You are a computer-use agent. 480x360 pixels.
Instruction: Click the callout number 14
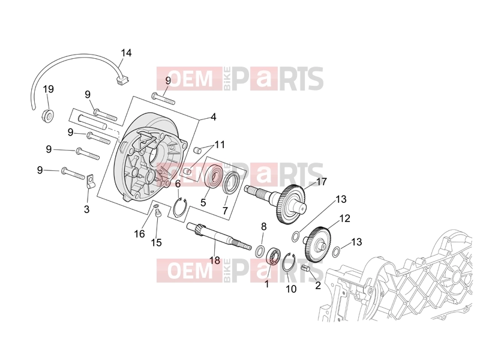(126, 53)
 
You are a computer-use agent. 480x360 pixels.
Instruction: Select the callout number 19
(49, 89)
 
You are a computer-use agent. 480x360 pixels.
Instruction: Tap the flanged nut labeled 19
(48, 114)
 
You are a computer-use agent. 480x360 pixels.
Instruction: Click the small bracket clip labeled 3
(89, 181)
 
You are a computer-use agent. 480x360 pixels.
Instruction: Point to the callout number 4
(214, 117)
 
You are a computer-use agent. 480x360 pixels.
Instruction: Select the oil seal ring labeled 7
(231, 182)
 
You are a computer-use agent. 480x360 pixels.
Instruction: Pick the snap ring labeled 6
(180, 207)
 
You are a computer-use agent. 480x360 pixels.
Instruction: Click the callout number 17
(322, 182)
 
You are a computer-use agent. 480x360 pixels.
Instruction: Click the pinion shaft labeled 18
(219, 236)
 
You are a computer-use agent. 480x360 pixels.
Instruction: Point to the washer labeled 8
(260, 251)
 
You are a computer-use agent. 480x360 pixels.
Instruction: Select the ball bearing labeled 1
(274, 256)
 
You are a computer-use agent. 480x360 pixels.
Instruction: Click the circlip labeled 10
(289, 262)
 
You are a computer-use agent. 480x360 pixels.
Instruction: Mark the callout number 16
(139, 234)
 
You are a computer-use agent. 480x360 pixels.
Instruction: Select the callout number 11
(220, 145)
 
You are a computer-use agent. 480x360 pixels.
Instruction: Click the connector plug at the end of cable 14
(122, 80)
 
